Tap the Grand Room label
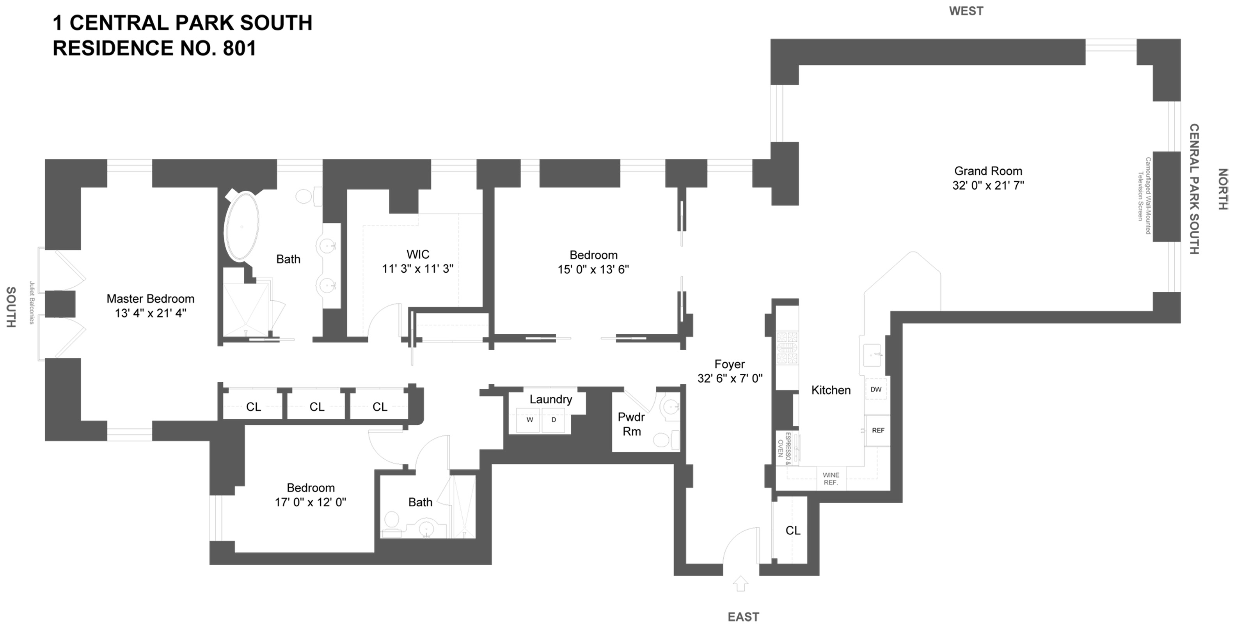pos(988,171)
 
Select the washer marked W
pos(529,420)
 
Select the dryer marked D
pos(554,420)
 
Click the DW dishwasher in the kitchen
pos(876,389)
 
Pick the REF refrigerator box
pos(877,430)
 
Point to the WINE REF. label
pos(831,479)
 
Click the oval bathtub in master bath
pos(242,226)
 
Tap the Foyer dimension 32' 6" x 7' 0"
pos(730,378)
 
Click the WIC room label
pos(418,254)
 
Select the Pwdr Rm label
pos(631,424)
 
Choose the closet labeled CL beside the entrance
pos(793,530)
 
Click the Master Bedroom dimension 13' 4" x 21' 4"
pos(151,313)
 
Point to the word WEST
pos(966,11)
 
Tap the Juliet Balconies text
pos(32,303)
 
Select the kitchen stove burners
pos(787,347)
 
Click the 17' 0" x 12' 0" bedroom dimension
pos(311,502)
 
